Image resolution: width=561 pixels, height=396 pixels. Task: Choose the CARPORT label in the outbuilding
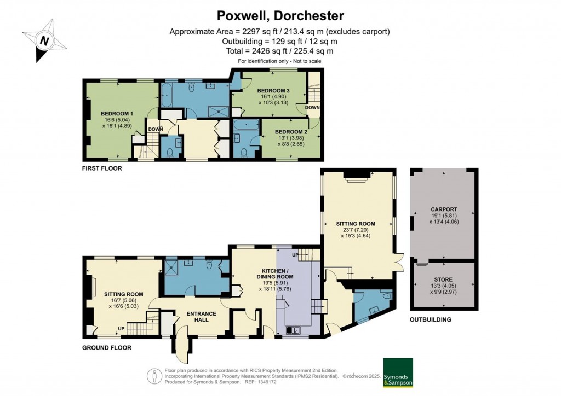click(443, 209)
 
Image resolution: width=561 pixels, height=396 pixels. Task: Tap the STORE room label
click(443, 279)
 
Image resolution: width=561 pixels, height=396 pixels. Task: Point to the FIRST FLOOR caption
click(102, 168)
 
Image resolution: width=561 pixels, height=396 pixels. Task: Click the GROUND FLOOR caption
click(106, 347)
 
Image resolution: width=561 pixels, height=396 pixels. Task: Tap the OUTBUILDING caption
click(431, 319)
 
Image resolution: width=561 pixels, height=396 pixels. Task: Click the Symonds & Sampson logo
click(398, 373)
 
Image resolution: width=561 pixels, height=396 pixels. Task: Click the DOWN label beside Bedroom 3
click(312, 108)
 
